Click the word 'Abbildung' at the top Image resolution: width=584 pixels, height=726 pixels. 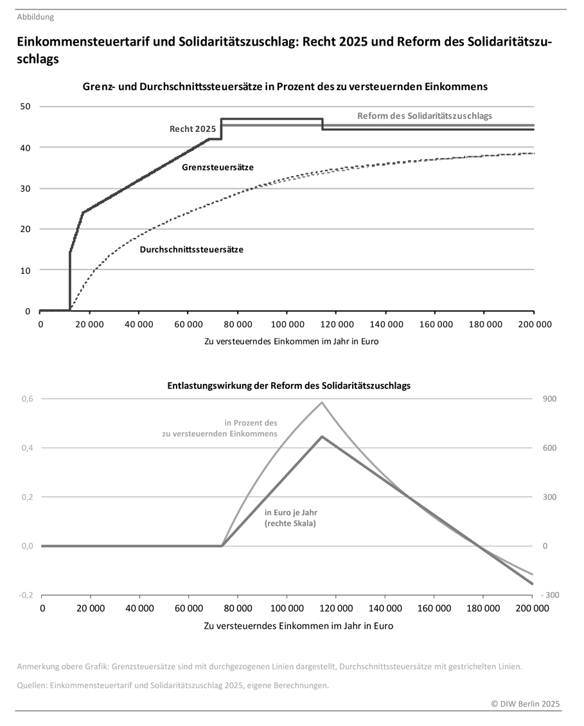tap(35, 17)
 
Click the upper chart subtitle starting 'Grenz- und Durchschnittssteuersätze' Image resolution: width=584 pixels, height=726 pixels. tap(285, 86)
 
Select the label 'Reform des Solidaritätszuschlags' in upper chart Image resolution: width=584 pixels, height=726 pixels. tap(424, 116)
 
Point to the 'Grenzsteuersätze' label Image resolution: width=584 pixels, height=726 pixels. tap(217, 167)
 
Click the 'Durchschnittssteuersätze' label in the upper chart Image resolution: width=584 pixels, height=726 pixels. tap(191, 250)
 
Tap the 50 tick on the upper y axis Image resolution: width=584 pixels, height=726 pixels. tap(26, 106)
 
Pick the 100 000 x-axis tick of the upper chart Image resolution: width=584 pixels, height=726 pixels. tap(287, 325)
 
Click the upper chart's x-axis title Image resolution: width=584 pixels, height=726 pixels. tap(291, 341)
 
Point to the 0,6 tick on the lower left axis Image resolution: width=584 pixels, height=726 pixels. tap(26, 399)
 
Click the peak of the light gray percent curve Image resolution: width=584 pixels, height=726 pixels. tap(323, 403)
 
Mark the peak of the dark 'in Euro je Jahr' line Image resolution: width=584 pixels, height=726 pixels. tap(323, 437)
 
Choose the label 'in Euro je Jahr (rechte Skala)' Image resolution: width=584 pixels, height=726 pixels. tap(291, 518)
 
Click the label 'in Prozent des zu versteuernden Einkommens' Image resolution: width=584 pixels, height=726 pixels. tap(220, 428)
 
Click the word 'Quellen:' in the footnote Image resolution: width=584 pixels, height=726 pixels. tap(32, 685)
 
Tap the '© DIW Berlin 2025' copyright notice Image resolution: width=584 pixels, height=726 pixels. tap(526, 704)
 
